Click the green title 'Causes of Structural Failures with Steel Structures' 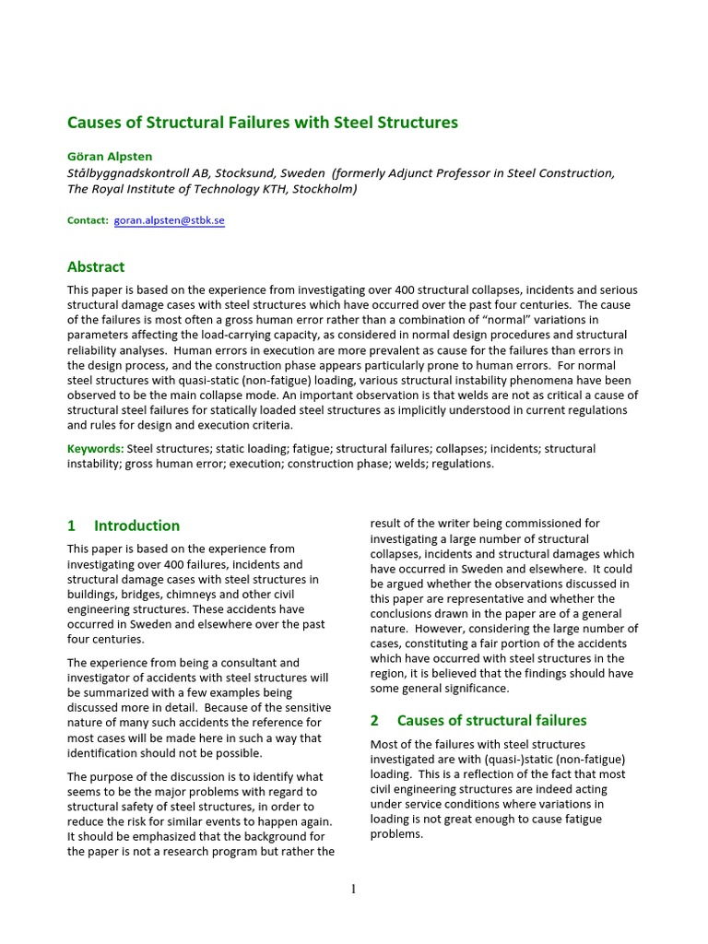tap(262, 122)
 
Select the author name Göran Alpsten tap(108, 156)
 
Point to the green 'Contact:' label tap(88, 221)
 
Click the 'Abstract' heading tap(96, 266)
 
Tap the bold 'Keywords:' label tap(96, 449)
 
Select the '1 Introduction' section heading tap(124, 525)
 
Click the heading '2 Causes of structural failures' tap(478, 720)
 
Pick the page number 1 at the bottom tap(354, 889)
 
